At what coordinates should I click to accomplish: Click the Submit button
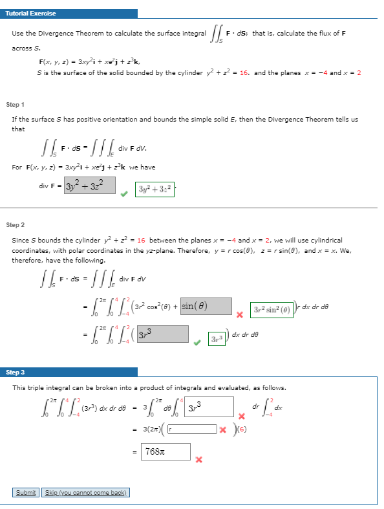coord(26,493)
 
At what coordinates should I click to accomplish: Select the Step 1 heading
coord(15,104)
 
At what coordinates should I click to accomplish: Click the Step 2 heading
coord(15,225)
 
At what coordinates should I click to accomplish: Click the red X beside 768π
coord(199,460)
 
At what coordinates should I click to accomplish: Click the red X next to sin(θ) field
coord(239,314)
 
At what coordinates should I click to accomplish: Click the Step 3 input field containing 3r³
coord(208,406)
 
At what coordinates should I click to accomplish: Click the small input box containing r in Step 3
coord(193,428)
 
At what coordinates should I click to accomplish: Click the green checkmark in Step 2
coord(198,343)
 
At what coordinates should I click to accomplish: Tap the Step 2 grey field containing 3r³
coord(162,334)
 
